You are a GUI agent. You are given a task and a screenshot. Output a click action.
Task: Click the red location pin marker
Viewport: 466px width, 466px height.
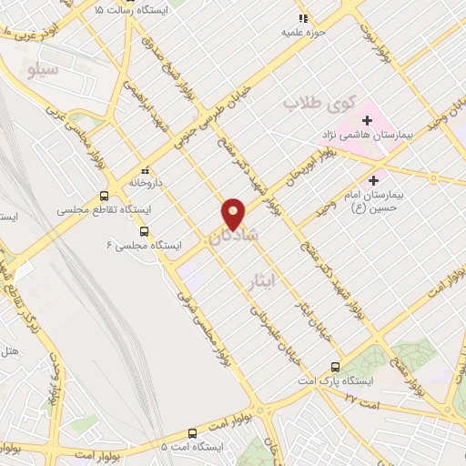[234, 214]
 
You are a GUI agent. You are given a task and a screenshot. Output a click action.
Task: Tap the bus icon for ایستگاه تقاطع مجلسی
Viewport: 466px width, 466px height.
[105, 196]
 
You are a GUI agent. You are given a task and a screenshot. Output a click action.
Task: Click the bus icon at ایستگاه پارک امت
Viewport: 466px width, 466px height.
[336, 366]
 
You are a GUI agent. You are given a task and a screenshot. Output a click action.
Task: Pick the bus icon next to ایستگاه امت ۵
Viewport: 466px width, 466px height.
[192, 434]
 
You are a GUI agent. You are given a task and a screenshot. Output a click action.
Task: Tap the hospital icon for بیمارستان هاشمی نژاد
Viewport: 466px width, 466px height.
[367, 119]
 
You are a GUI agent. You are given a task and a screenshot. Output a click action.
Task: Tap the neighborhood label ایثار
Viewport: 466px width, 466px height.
[261, 282]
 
